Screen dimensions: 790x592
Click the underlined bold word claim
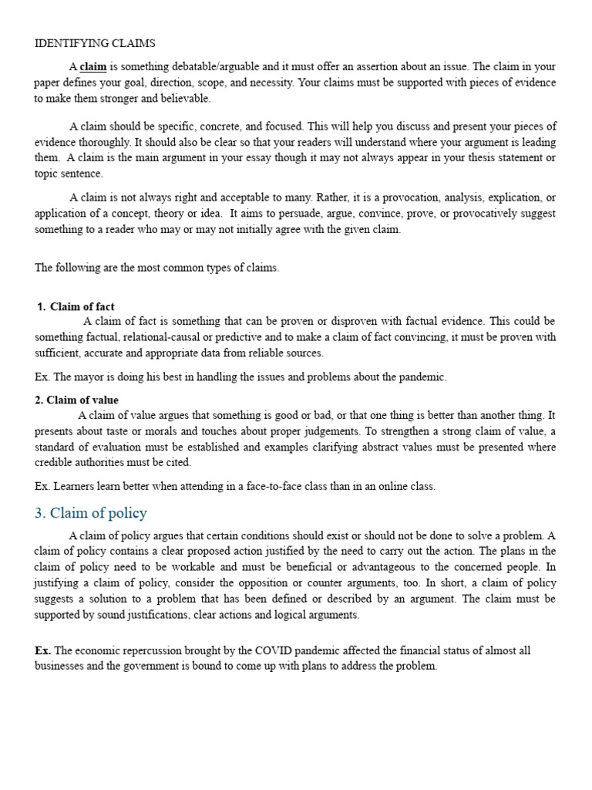tap(93, 66)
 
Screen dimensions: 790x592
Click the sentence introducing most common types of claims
tap(157, 268)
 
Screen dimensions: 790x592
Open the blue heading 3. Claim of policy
tap(91, 513)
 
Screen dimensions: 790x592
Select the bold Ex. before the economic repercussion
tap(42, 650)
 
